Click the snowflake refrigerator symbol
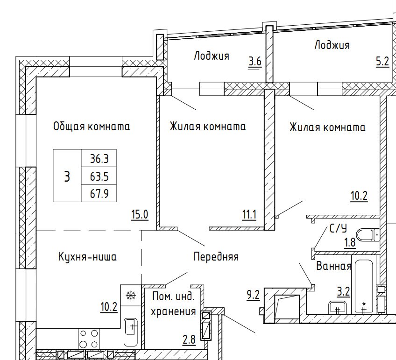131,296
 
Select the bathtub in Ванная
364,284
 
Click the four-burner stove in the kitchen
88,339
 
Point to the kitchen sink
131,332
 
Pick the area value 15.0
140,215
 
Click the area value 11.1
249,215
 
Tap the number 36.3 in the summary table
99,159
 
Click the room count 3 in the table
67,176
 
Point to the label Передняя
216,257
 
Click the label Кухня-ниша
87,257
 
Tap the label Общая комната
92,126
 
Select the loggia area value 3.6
255,62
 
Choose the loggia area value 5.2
382,61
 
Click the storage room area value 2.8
189,339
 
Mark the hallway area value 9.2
253,295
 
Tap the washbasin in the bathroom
338,308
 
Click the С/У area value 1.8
350,243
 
